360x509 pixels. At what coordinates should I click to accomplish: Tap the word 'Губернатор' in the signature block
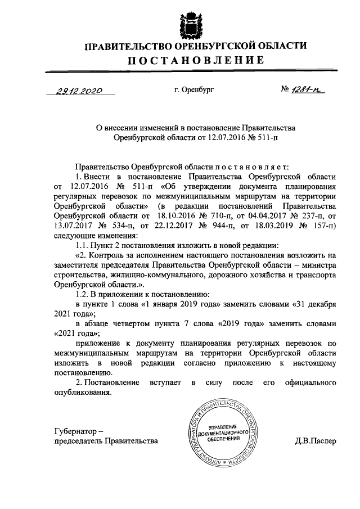[x=75, y=431]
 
